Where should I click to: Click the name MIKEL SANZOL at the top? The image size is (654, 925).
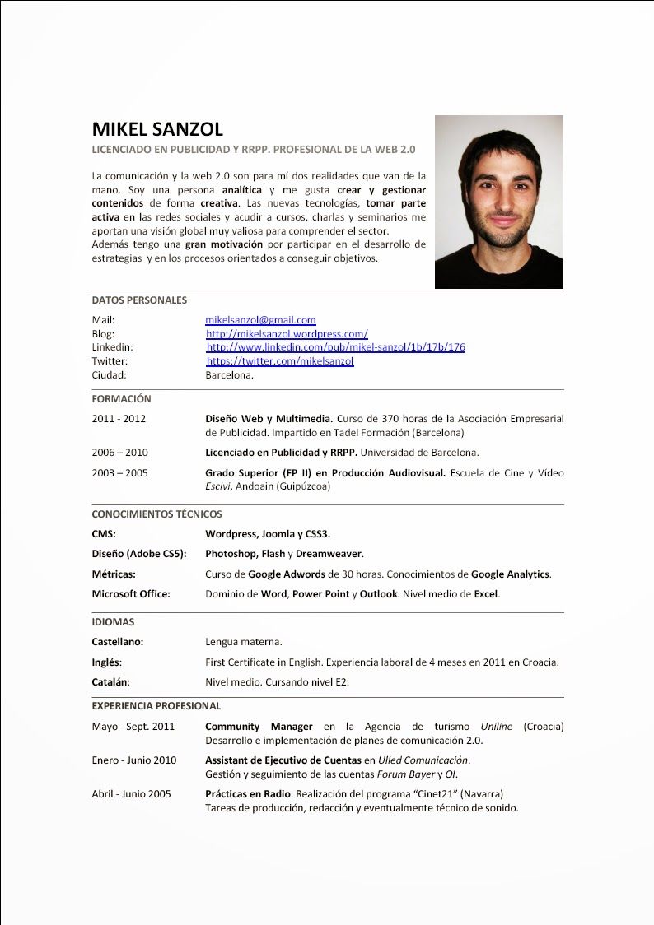click(x=157, y=129)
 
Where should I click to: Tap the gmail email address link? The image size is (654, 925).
click(x=260, y=320)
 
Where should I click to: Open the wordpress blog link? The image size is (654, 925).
click(x=287, y=334)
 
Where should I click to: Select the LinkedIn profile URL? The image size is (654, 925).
click(x=335, y=347)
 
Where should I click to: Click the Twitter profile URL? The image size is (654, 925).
click(x=280, y=361)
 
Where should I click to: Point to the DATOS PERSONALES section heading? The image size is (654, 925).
click(x=139, y=300)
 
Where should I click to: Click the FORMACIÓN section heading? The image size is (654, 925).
click(x=121, y=399)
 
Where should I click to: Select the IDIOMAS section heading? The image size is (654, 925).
click(x=113, y=622)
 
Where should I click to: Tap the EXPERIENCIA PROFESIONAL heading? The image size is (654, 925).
click(x=156, y=706)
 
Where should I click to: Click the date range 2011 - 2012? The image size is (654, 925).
click(x=119, y=419)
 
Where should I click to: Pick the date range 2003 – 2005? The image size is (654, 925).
click(x=119, y=473)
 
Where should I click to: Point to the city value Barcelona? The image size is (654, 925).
click(x=229, y=375)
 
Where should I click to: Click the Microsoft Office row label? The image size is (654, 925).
click(x=131, y=594)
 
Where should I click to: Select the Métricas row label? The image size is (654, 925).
click(x=114, y=574)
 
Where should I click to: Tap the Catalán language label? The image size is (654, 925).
click(x=110, y=682)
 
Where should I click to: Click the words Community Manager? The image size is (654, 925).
click(x=259, y=727)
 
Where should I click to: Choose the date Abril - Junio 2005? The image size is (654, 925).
click(x=131, y=794)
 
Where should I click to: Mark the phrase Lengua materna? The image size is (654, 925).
click(x=244, y=642)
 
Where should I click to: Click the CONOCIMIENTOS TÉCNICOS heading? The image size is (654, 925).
click(x=156, y=514)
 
